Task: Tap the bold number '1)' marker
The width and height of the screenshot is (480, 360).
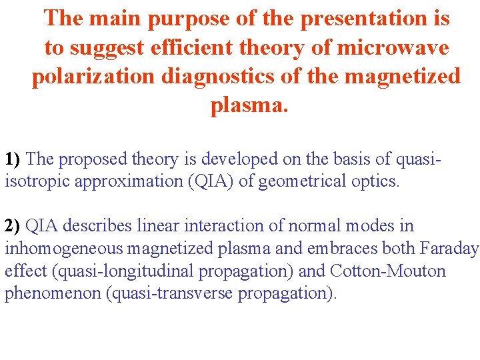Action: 14,159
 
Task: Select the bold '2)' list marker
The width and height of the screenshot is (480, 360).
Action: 14,226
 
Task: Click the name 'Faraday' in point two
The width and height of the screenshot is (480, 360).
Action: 449,249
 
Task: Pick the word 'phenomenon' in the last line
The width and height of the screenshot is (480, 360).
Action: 53,294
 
